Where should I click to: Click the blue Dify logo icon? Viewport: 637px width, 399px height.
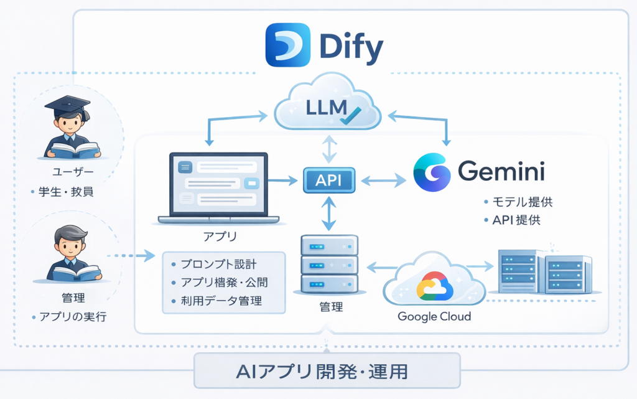click(288, 45)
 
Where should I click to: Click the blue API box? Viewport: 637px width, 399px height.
click(328, 181)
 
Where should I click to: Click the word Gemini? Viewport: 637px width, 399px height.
click(501, 172)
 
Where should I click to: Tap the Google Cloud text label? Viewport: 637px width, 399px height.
click(434, 316)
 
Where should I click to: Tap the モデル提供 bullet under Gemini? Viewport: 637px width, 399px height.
click(521, 202)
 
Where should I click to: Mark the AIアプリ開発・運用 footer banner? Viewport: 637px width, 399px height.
click(327, 372)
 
